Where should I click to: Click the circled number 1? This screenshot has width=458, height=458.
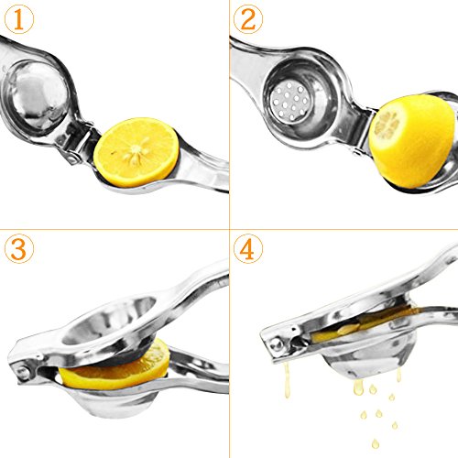18,19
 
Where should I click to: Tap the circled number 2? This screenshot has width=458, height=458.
248,19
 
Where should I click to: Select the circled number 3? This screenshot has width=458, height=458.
18,249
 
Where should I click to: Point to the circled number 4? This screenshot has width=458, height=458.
248,249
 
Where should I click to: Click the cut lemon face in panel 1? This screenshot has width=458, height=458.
136,152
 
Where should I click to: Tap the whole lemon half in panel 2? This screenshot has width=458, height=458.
413,141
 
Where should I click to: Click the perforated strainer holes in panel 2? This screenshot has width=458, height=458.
290,101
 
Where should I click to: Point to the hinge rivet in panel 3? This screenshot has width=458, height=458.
23,372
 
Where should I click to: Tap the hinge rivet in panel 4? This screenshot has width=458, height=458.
276,344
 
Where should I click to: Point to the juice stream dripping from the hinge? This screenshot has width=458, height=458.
287,380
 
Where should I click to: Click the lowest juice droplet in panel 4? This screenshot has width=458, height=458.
376,443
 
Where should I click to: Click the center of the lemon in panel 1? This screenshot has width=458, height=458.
136,150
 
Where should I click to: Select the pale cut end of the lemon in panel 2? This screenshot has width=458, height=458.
387,124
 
